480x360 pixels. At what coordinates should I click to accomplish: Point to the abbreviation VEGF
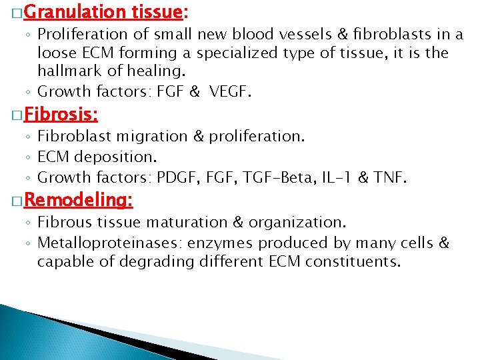pyautogui.click(x=229, y=92)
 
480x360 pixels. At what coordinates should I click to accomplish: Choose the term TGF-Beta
pyautogui.click(x=272, y=177)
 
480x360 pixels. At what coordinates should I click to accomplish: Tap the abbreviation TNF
pyautogui.click(x=389, y=177)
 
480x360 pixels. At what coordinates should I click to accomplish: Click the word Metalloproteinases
pyautogui.click(x=98, y=243)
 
